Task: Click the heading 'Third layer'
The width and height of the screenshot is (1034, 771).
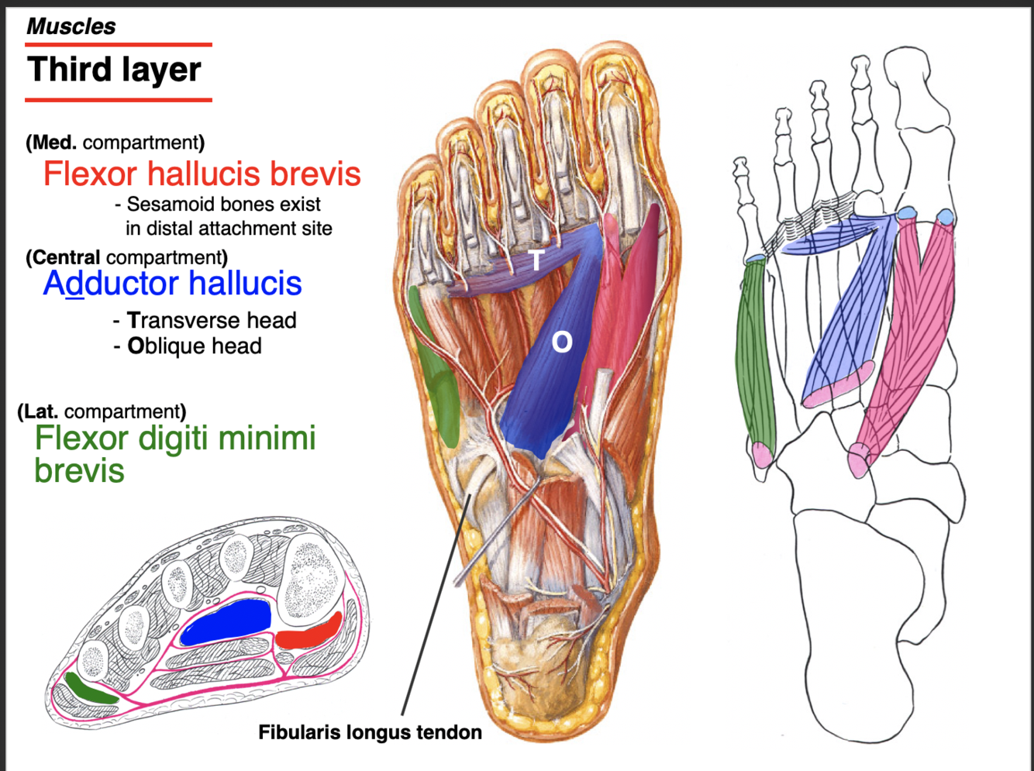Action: point(114,70)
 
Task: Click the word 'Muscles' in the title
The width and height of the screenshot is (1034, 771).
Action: point(71,26)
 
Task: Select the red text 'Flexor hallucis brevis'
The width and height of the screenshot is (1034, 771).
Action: point(202,174)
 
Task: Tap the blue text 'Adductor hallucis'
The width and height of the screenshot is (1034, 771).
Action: point(172,283)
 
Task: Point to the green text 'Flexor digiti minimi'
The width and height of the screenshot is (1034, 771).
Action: point(175,438)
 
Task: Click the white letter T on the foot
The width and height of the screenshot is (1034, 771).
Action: point(536,260)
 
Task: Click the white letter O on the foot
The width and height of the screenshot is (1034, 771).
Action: point(562,342)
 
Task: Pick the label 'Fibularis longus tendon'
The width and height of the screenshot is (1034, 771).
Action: point(370,732)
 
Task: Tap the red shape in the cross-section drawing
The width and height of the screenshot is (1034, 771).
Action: point(308,634)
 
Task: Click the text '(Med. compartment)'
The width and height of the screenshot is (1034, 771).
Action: point(115,143)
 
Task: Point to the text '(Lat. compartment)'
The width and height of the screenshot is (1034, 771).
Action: point(102,411)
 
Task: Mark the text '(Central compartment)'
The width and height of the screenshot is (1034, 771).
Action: point(126,257)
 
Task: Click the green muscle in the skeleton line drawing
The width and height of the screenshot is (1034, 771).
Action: point(755,356)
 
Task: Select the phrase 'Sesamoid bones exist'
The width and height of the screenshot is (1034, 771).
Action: point(223,205)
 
